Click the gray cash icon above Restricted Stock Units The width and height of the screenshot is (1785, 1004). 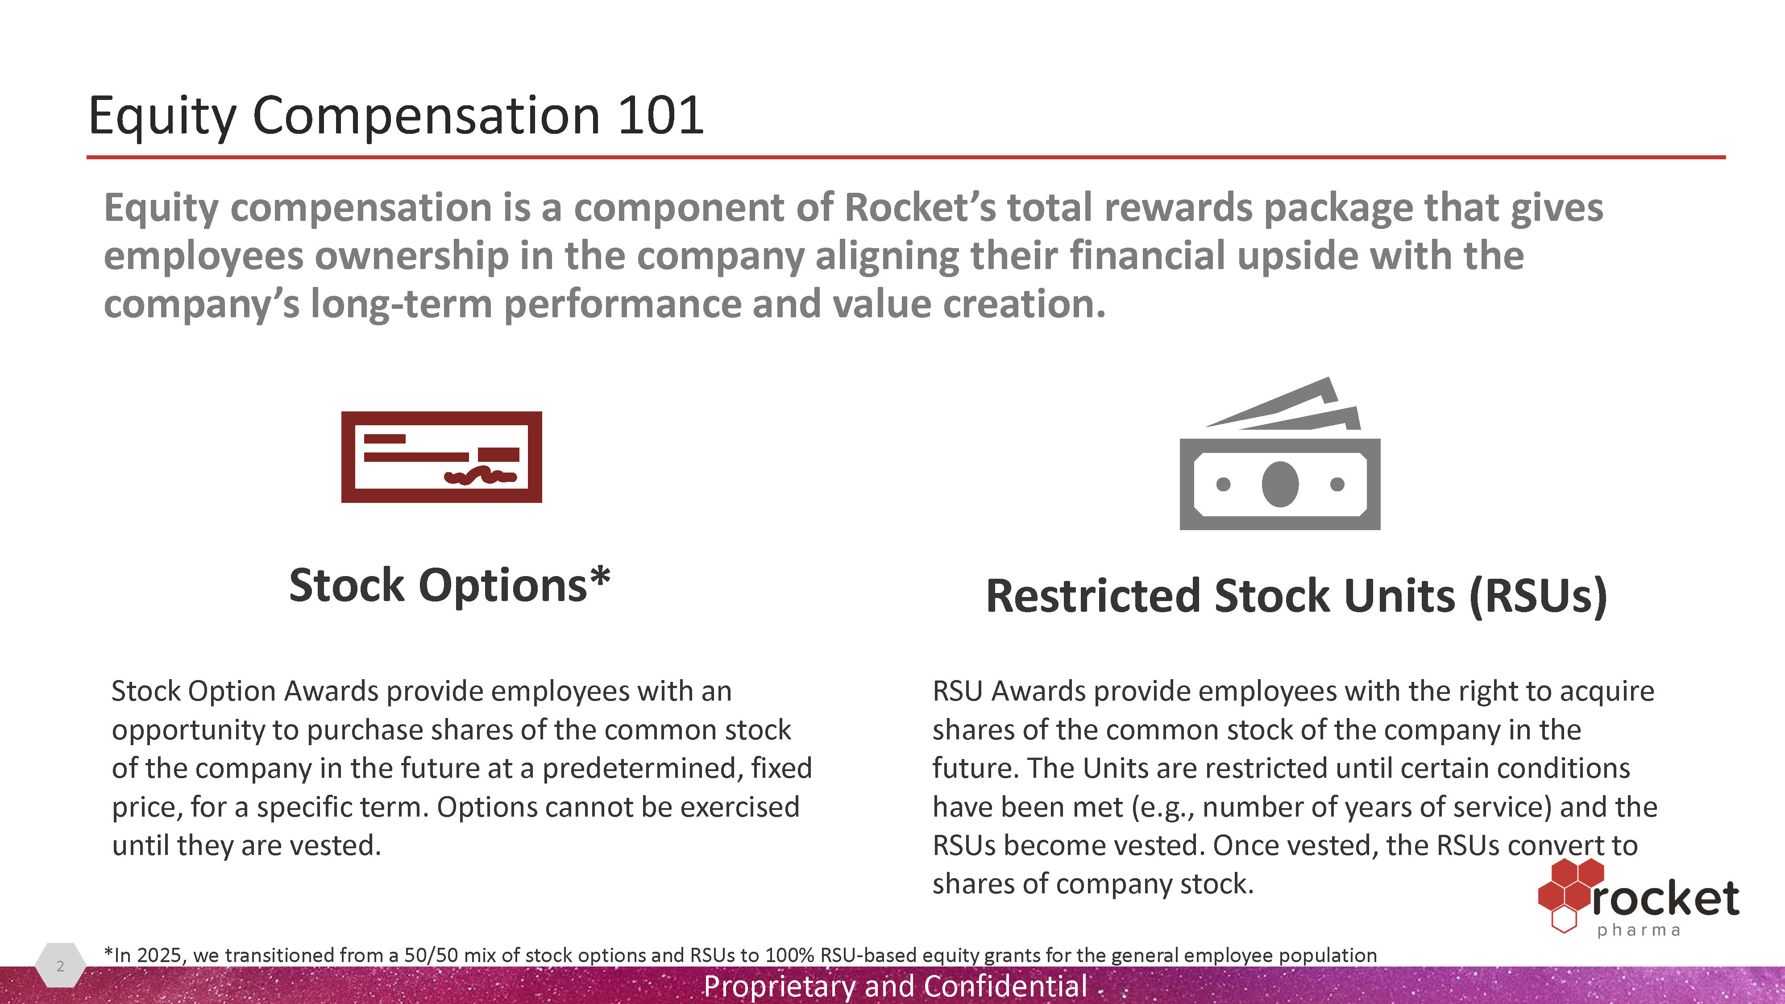click(x=1280, y=453)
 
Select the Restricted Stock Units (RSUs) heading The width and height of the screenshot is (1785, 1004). click(x=1296, y=596)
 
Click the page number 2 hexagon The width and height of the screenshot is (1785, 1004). click(x=60, y=965)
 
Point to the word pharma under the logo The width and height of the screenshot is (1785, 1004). click(x=1639, y=930)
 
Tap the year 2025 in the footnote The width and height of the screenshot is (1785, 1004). click(x=159, y=955)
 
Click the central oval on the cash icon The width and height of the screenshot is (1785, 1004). click(x=1280, y=484)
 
